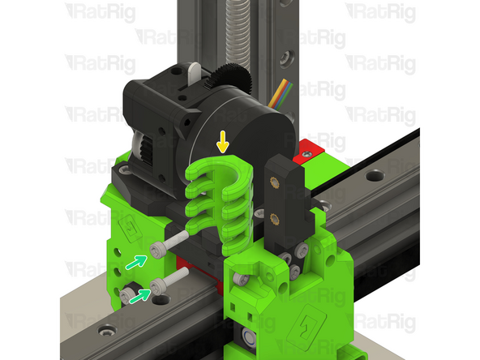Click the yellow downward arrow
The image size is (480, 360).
tap(223, 144)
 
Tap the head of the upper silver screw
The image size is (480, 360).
tap(157, 248)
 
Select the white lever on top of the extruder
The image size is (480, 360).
tap(194, 74)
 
